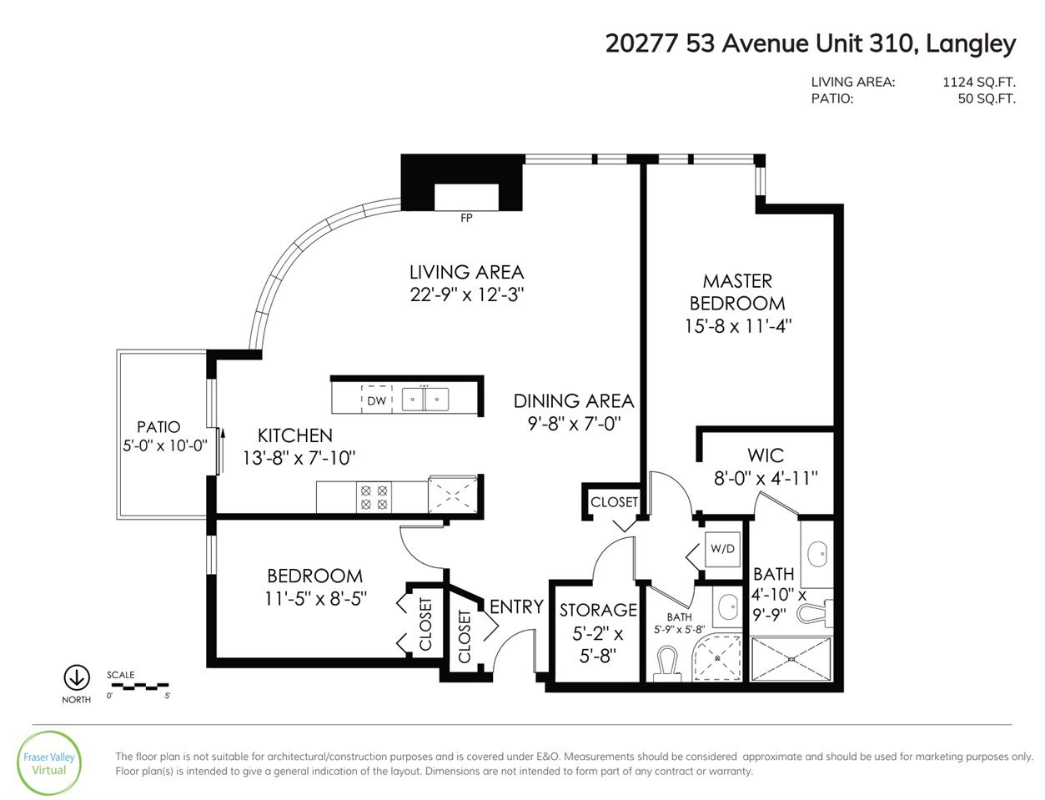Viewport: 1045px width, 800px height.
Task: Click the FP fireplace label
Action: tap(466, 218)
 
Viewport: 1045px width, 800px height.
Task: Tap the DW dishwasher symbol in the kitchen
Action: tap(376, 400)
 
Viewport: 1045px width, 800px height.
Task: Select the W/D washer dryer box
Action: tap(722, 549)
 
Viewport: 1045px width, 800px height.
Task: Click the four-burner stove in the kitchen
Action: tap(374, 497)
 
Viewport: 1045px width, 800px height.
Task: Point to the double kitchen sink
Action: tap(425, 399)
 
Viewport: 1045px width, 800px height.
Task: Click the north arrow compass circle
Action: tap(77, 677)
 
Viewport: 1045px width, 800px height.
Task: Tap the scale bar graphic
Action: tap(138, 687)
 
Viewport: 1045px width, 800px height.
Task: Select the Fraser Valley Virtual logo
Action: tap(49, 763)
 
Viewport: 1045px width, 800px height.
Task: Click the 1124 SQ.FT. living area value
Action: tap(979, 82)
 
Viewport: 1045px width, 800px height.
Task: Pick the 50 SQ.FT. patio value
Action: tap(987, 98)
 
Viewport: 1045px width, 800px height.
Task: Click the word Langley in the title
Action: tap(972, 44)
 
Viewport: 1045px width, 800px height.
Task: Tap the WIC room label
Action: tap(766, 455)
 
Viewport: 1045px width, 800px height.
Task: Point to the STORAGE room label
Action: tap(598, 610)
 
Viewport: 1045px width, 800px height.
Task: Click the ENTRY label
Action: tap(516, 606)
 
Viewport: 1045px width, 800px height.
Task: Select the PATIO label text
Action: tap(158, 426)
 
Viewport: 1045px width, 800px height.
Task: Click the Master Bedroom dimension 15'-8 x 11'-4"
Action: tap(738, 326)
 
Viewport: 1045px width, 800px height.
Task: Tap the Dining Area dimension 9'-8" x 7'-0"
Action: tap(575, 423)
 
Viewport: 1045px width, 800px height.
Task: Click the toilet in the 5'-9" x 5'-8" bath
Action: tap(666, 663)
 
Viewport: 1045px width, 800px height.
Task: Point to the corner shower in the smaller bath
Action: tap(717, 658)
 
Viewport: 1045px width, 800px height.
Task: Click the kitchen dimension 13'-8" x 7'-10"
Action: tap(299, 458)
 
